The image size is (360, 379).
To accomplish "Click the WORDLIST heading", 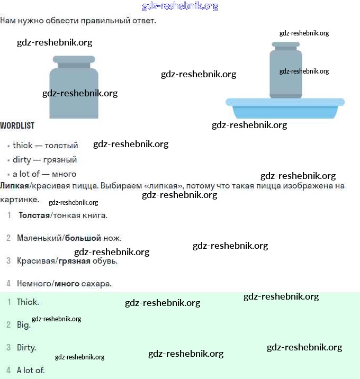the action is click(x=17, y=125).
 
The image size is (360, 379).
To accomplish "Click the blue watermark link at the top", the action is click(x=180, y=6).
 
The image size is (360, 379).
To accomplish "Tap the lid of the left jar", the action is click(x=74, y=59).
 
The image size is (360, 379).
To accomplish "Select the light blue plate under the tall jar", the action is click(x=285, y=109).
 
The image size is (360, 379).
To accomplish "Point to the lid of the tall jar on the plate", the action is click(x=286, y=44).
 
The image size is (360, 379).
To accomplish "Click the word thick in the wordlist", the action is click(x=22, y=146).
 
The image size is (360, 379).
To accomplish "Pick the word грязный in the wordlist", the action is click(x=60, y=160).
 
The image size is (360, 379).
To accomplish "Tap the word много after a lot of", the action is click(x=64, y=174).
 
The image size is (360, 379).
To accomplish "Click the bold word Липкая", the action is click(x=14, y=186).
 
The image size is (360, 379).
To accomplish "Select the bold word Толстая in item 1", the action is click(x=34, y=215).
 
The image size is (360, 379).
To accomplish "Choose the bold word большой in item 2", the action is click(x=83, y=238).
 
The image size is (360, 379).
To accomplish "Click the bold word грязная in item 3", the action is click(x=75, y=261).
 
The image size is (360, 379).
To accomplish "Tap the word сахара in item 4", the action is click(x=96, y=284).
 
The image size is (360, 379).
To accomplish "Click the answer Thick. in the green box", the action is click(x=28, y=302).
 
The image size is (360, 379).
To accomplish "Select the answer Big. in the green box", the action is click(x=24, y=325).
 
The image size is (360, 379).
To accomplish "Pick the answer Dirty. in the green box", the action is click(x=26, y=348).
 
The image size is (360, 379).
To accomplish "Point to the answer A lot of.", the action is click(x=31, y=371).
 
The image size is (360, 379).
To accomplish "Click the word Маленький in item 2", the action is click(x=40, y=238).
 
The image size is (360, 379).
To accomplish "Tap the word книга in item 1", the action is click(x=95, y=215).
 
